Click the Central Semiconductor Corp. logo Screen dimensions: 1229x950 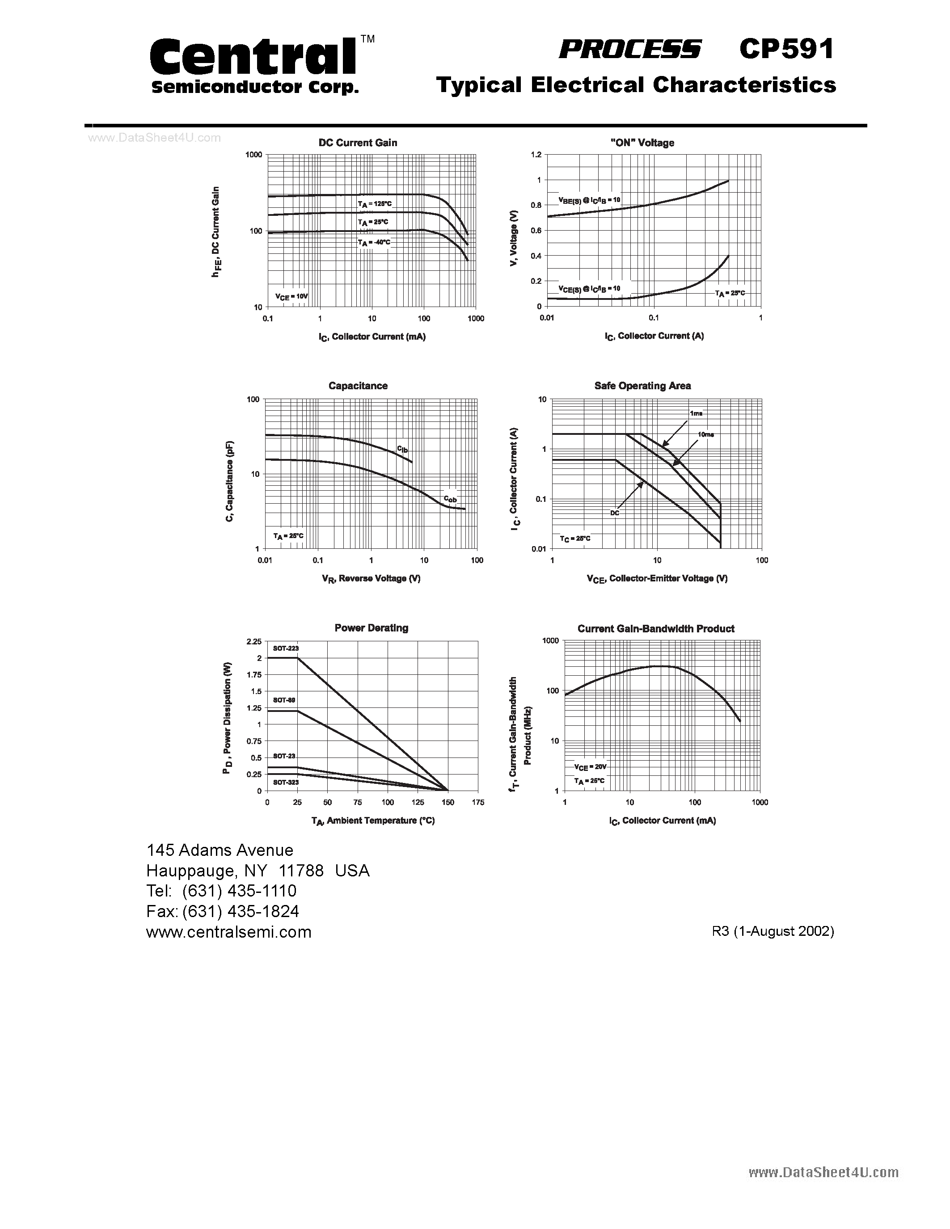coord(254,65)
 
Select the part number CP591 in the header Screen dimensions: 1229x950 coord(786,50)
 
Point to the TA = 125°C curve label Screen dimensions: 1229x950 coord(374,204)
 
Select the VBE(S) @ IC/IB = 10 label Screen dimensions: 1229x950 coord(589,200)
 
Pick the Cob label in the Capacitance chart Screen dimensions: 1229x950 coord(450,499)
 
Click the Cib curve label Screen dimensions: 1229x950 coord(402,449)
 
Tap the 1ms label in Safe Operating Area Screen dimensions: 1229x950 coord(696,413)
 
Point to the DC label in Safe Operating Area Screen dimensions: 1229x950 coord(615,513)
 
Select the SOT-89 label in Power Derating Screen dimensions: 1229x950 coord(284,700)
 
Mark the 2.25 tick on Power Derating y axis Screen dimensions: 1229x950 coord(254,641)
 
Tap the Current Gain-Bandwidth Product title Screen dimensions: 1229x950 coord(656,628)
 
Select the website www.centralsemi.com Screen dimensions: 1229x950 coord(228,932)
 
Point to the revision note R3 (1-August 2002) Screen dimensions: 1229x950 coord(773,931)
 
